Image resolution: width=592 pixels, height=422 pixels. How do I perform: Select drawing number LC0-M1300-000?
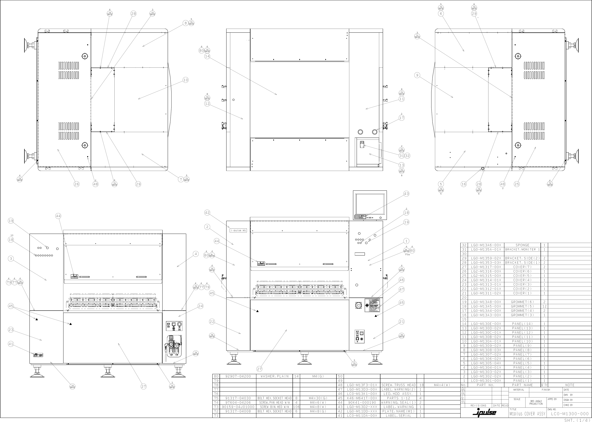pyautogui.click(x=570, y=414)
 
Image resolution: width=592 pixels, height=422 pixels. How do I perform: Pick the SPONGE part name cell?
pyautogui.click(x=522, y=245)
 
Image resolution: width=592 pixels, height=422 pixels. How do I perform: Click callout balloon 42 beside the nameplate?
pyautogui.click(x=207, y=213)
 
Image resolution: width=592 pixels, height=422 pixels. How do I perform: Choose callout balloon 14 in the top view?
pyautogui.click(x=207, y=56)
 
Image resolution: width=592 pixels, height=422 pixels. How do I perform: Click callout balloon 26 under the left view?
pyautogui.click(x=76, y=184)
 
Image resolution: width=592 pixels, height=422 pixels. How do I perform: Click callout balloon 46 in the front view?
pyautogui.click(x=402, y=280)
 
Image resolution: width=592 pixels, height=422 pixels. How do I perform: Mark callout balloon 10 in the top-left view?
pyautogui.click(x=185, y=80)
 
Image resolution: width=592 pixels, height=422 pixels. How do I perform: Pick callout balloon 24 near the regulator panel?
pyautogui.click(x=200, y=306)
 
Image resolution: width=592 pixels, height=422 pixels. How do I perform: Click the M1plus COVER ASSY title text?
pyautogui.click(x=527, y=414)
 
